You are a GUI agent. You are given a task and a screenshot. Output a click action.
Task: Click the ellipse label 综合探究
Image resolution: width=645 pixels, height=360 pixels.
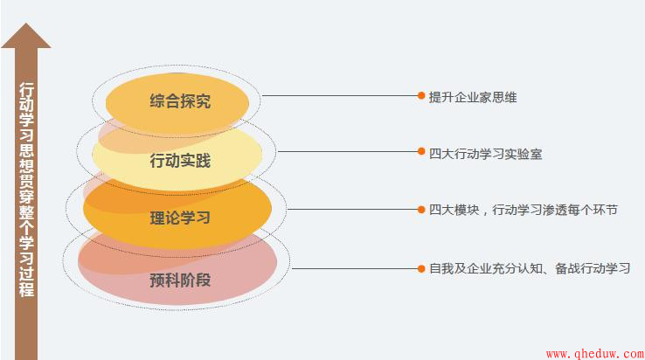point(180,101)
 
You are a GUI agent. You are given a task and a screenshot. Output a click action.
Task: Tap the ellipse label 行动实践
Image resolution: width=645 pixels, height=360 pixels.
point(180,161)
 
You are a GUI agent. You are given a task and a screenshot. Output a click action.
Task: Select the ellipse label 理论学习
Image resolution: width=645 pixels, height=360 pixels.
point(180,218)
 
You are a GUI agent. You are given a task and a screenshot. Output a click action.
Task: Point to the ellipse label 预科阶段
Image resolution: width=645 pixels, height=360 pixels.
point(180,280)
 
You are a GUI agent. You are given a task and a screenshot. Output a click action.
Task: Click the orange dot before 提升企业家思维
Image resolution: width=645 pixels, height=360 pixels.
point(421,95)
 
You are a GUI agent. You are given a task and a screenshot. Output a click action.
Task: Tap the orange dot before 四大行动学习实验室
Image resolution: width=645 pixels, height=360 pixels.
point(421,151)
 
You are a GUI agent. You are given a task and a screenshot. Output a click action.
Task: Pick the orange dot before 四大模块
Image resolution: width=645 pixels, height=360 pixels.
point(421,210)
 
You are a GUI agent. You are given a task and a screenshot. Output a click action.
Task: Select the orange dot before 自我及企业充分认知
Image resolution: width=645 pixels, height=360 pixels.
point(421,268)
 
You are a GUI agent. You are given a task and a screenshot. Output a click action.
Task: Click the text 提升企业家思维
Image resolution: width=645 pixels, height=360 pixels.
point(473,98)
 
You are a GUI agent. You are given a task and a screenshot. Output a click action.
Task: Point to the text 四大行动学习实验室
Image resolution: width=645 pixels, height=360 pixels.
point(485,154)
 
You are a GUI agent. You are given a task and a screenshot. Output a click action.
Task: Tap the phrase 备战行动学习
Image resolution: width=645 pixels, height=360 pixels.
point(593,268)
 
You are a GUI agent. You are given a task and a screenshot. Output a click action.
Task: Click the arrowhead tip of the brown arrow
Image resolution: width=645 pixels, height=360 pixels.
point(26,23)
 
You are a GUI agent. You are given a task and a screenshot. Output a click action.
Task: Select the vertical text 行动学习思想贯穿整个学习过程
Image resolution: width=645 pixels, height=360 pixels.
point(26,190)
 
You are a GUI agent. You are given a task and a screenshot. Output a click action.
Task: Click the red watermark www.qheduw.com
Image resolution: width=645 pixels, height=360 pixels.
point(595,354)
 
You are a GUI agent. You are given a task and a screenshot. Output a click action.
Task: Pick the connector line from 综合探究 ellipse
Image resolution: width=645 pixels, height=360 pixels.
point(340,96)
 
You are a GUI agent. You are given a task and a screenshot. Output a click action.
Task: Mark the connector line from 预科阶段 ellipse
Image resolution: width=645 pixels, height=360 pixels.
point(355,269)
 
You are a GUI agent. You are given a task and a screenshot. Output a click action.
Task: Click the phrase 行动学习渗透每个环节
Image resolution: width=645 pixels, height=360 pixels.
point(555,210)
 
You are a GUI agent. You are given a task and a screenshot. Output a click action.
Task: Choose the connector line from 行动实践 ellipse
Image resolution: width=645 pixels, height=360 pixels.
point(348,151)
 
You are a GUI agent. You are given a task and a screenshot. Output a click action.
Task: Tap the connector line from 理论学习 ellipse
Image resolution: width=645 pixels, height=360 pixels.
point(352,210)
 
